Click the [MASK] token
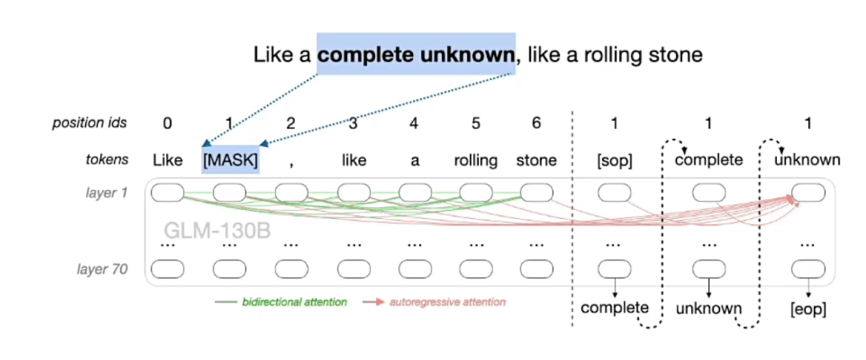pyautogui.click(x=229, y=160)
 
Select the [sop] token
pyautogui.click(x=614, y=160)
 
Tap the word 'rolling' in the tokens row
pyautogui.click(x=475, y=160)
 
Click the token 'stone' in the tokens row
pyautogui.click(x=536, y=160)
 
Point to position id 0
pyautogui.click(x=166, y=123)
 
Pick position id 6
pyautogui.click(x=536, y=123)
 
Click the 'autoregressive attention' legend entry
pyautogui.click(x=447, y=302)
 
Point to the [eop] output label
pyautogui.click(x=807, y=307)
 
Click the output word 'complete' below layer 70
pyautogui.click(x=614, y=307)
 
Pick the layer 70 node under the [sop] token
pyautogui.click(x=614, y=267)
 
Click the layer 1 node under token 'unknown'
pyautogui.click(x=807, y=192)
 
